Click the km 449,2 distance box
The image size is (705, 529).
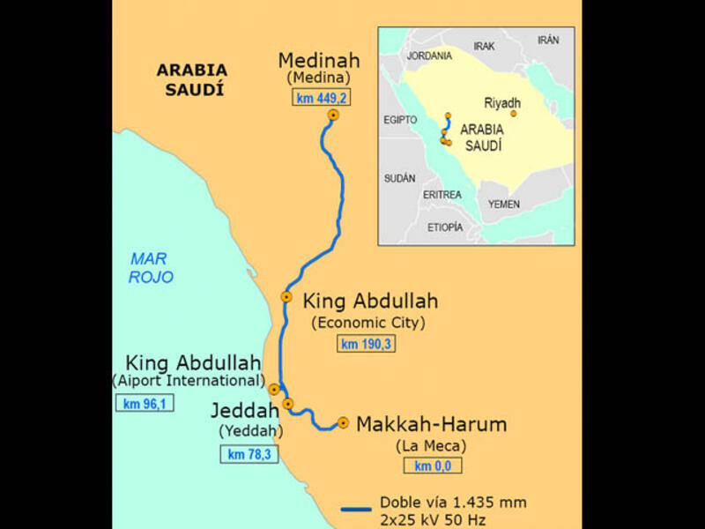(321, 97)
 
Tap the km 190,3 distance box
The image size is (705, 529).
(366, 344)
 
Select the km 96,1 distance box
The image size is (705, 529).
(145, 404)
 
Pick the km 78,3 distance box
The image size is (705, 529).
(248, 454)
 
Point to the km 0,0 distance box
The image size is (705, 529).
(432, 466)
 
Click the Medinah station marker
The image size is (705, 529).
(333, 115)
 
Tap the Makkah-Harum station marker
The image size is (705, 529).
(343, 422)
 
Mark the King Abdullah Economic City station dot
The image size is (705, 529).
(286, 297)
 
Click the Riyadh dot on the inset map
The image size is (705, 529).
(513, 114)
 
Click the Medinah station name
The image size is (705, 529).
(319, 61)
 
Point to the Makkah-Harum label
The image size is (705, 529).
(431, 424)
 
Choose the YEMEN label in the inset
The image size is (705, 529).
(504, 204)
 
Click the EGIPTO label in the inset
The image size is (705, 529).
(400, 119)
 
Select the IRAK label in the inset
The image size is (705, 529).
(485, 46)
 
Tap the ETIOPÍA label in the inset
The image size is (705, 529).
(444, 227)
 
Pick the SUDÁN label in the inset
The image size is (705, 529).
(399, 178)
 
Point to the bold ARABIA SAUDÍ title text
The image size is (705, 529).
(191, 78)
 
